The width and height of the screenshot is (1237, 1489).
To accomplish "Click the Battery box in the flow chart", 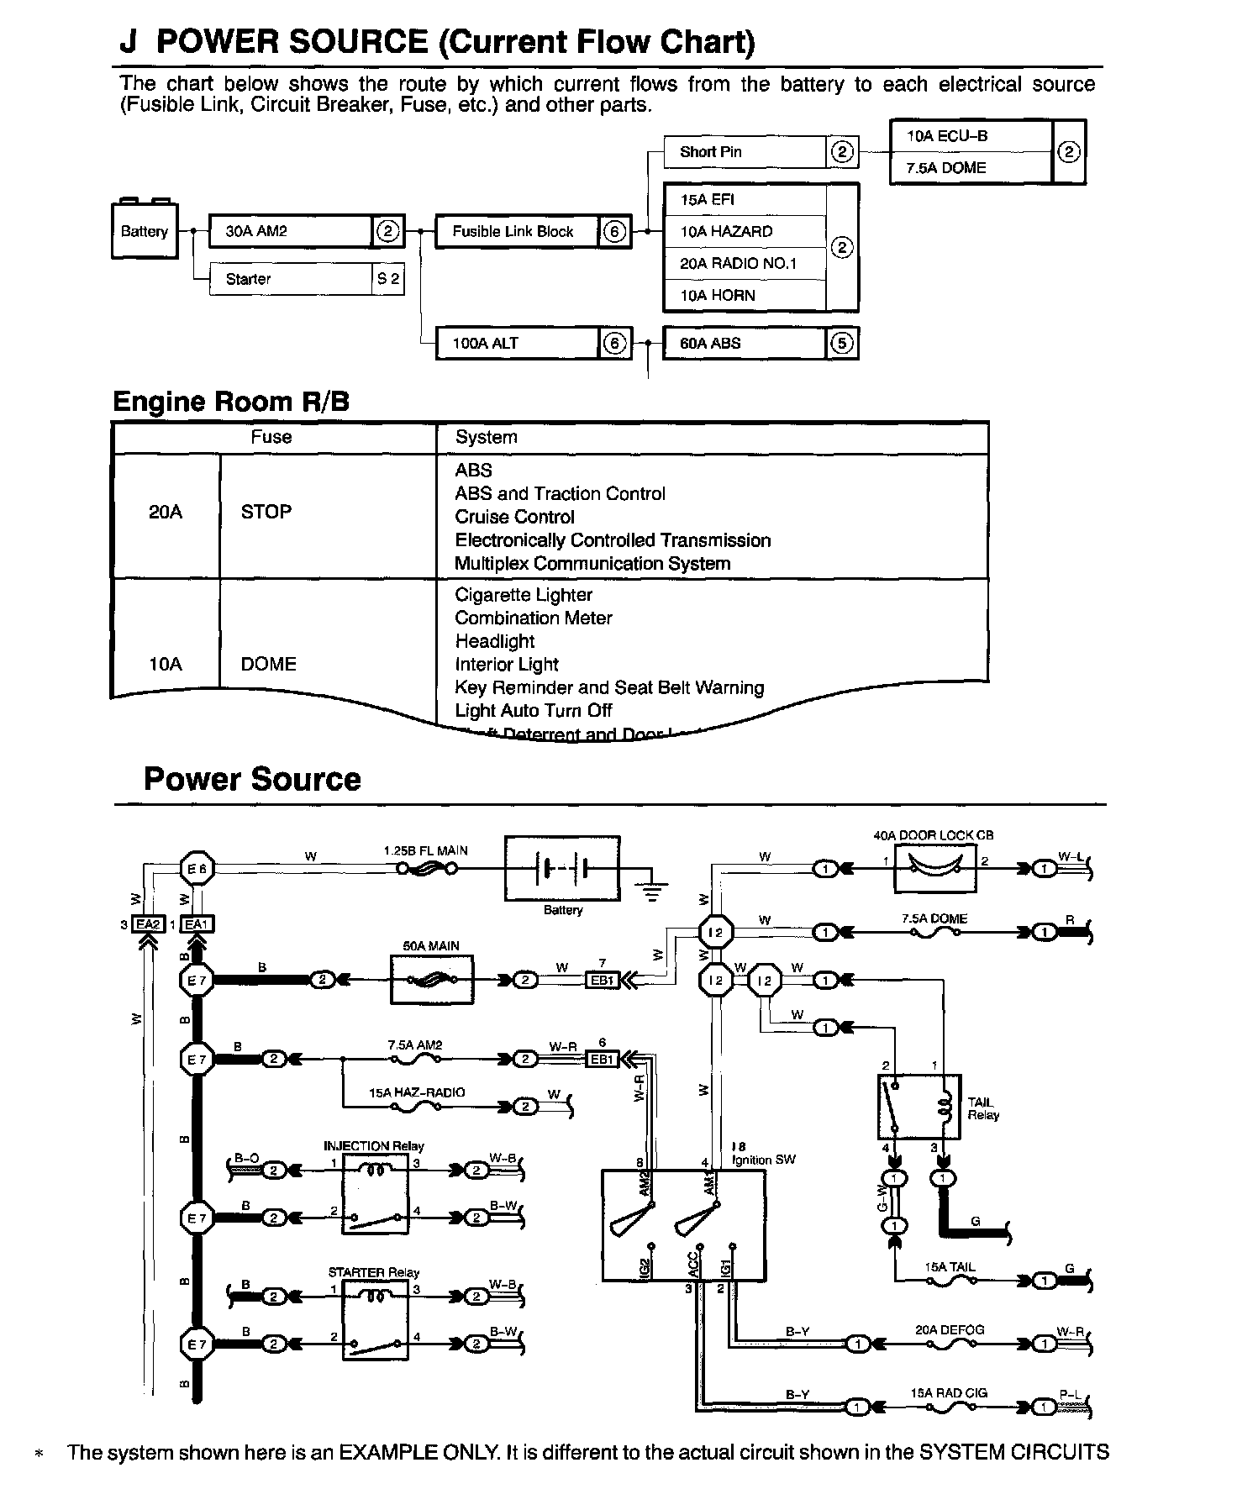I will click(145, 231).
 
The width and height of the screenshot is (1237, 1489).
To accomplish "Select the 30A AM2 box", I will click(290, 231).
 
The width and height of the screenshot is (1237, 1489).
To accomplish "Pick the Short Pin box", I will click(745, 152).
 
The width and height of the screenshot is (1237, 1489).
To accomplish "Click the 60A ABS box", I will click(745, 343).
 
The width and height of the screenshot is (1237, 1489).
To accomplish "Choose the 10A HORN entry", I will click(745, 296).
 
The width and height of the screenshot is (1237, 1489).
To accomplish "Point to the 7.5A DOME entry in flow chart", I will click(971, 168).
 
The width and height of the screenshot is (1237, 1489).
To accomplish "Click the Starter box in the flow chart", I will click(290, 279).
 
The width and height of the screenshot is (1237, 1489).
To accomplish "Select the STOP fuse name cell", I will click(266, 512).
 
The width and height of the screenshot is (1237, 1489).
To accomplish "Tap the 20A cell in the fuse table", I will click(166, 512).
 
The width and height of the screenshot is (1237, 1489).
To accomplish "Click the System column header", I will click(487, 437).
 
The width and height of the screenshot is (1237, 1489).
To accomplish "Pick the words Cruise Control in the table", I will click(514, 517).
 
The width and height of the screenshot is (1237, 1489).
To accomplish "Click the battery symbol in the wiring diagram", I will click(562, 868).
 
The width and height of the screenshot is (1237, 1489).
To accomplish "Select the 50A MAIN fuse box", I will click(432, 980).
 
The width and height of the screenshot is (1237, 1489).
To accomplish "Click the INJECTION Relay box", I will click(375, 1194).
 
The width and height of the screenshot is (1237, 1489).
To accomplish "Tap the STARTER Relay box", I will click(375, 1320).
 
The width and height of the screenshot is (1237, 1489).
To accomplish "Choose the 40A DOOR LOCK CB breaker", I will click(934, 868).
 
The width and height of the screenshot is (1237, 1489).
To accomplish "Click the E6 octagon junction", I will click(197, 868).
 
